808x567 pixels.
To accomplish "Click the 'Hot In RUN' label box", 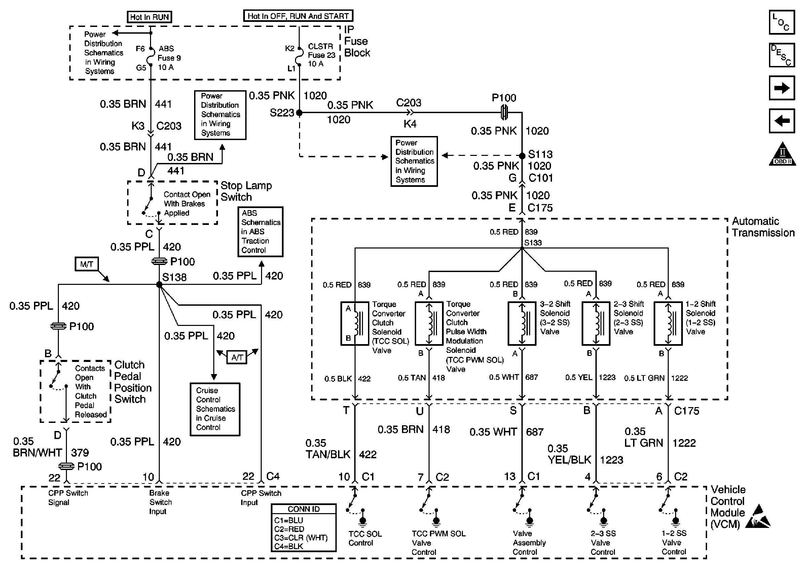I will coord(149,17).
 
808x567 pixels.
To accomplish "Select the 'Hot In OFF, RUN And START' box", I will coord(298,16).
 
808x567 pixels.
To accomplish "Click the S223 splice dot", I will coord(299,113).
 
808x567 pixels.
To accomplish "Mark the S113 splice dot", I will coord(522,155).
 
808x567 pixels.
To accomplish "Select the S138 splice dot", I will coord(159,285).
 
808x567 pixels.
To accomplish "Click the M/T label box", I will coord(86,264).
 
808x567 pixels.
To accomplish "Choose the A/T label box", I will coord(237,358).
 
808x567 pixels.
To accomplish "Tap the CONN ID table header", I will coord(303,509).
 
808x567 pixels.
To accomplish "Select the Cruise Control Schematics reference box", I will coord(215,409).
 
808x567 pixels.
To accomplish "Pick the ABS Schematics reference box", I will coord(260,231).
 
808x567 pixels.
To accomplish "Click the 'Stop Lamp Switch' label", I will coord(246,191).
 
